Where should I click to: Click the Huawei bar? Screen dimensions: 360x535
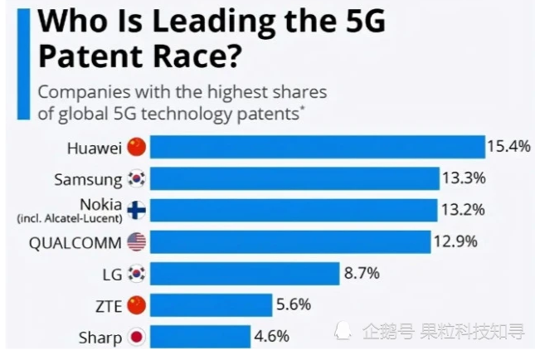coord(317,147)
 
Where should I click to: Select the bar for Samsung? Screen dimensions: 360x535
coord(294,178)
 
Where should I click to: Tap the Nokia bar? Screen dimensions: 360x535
coord(294,210)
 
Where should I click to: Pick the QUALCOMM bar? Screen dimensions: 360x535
coord(291,241)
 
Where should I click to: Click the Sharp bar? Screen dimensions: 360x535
coord(200,337)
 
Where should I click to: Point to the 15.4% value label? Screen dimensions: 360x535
coord(508,147)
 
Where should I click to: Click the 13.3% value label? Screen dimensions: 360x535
coord(463,178)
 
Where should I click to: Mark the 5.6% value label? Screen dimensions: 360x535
coord(294,304)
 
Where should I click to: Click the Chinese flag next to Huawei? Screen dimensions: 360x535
coord(137,148)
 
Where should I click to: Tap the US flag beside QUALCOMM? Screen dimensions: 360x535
coord(137,241)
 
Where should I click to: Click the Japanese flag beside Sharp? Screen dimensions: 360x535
coord(137,337)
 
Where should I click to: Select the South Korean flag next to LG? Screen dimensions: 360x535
coord(137,273)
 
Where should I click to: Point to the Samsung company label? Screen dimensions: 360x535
coord(88,178)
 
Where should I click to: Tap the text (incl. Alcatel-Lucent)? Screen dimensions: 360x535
coord(69,218)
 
